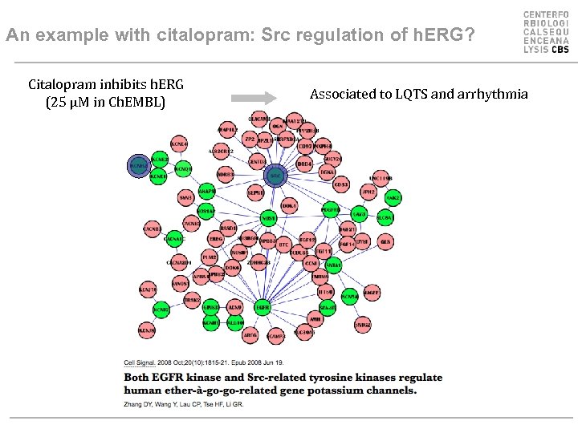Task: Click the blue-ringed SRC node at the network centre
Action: pyautogui.click(x=275, y=176)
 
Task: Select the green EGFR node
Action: pyautogui.click(x=263, y=306)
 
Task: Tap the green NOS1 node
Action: pyautogui.click(x=268, y=218)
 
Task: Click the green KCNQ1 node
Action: pyautogui.click(x=182, y=169)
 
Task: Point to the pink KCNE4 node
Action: pyautogui.click(x=179, y=144)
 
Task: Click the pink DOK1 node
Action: pyautogui.click(x=289, y=206)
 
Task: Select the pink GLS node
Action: pyautogui.click(x=385, y=241)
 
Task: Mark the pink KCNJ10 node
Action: pyautogui.click(x=147, y=289)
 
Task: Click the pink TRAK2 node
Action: pyautogui.click(x=191, y=300)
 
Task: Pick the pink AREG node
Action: pyautogui.click(x=250, y=335)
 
